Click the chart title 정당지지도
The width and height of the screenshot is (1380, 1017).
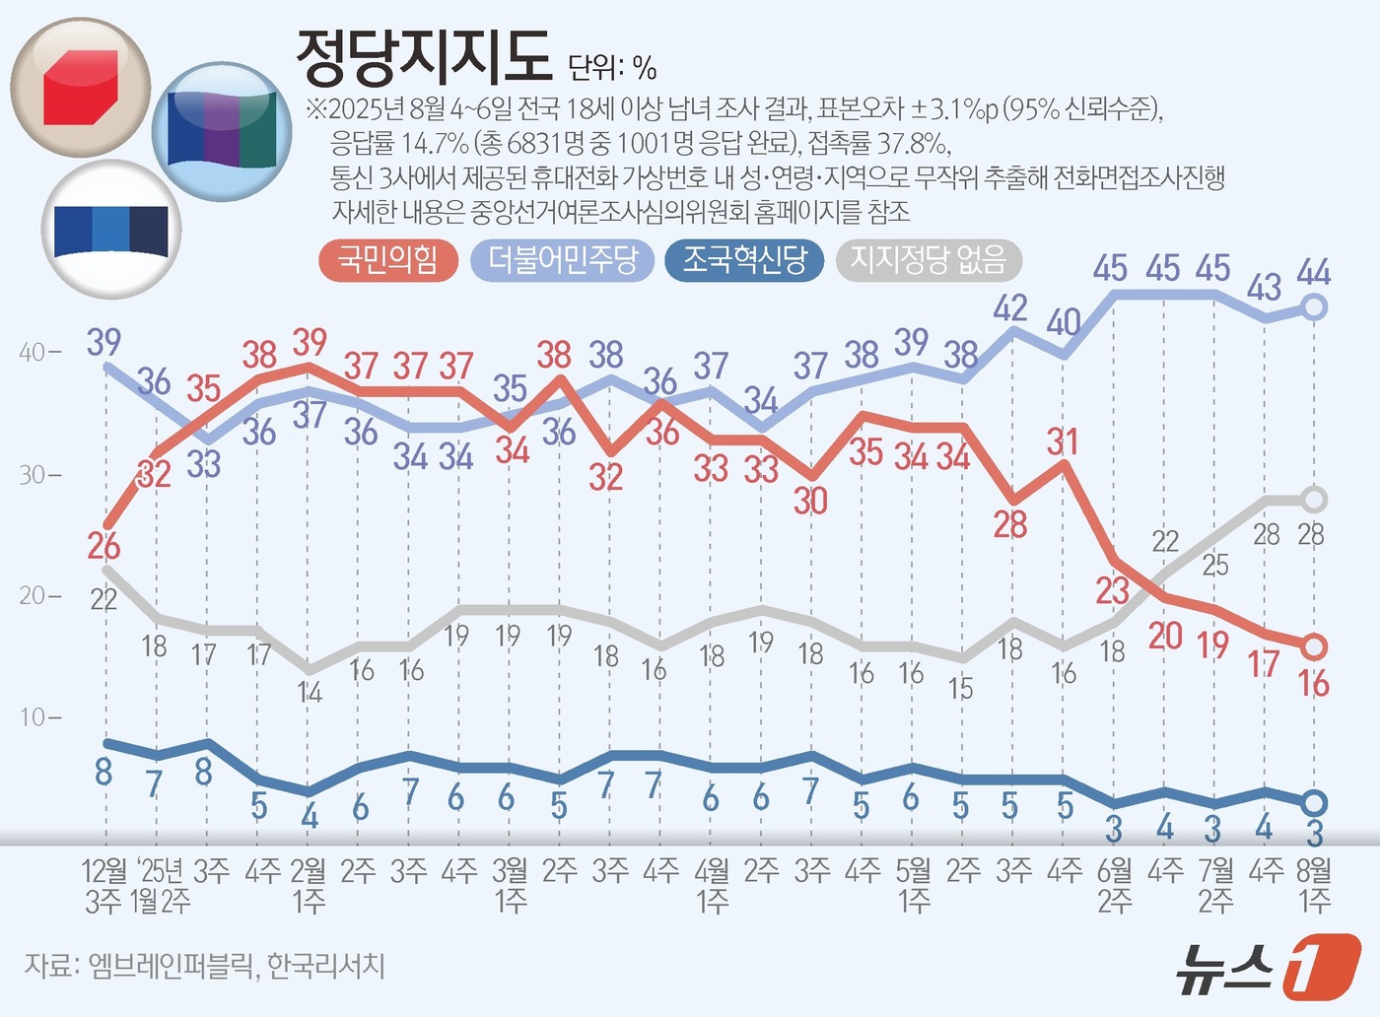pyautogui.click(x=424, y=56)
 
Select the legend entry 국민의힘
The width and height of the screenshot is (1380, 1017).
pyautogui.click(x=387, y=260)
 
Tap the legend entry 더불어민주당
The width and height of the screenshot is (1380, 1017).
pyautogui.click(x=563, y=260)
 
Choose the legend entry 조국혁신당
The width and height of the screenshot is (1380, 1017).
pyautogui.click(x=744, y=260)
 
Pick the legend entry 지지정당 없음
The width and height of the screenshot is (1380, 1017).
pyautogui.click(x=928, y=260)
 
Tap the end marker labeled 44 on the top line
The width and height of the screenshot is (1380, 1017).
pyautogui.click(x=1314, y=307)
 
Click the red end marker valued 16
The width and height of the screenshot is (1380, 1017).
pyautogui.click(x=1314, y=647)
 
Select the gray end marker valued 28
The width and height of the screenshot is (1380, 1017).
pyautogui.click(x=1314, y=500)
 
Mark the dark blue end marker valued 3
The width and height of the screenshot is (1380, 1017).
pyautogui.click(x=1314, y=803)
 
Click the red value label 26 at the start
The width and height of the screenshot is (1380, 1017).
pyautogui.click(x=103, y=546)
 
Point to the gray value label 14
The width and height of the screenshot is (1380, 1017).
pyautogui.click(x=310, y=693)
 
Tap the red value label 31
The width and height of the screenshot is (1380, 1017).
pyautogui.click(x=1063, y=441)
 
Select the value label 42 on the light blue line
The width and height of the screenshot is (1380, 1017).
pyautogui.click(x=1010, y=308)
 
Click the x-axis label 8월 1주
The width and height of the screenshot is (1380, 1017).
pyautogui.click(x=1314, y=885)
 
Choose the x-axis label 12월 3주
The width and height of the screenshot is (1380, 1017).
pyautogui.click(x=103, y=885)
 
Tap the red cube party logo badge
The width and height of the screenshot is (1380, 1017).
pyautogui.click(x=81, y=88)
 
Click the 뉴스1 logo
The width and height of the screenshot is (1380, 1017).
pyautogui.click(x=1268, y=968)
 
